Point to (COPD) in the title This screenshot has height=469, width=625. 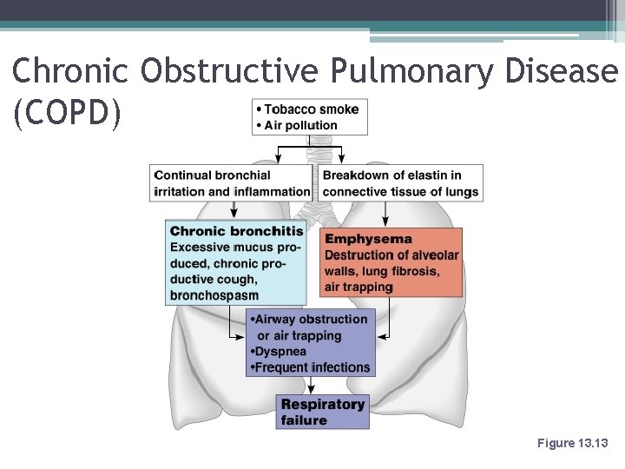(68, 114)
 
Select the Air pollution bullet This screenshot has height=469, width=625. (300, 125)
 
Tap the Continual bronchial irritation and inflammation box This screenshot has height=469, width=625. (231, 183)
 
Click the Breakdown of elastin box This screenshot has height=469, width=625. (400, 183)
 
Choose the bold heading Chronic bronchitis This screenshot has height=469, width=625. (236, 231)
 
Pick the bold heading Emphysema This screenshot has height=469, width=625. (368, 239)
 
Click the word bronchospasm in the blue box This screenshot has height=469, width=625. (214, 295)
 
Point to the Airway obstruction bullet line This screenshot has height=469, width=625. (311, 320)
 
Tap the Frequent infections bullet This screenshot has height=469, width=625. (311, 367)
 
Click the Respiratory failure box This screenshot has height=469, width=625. (323, 412)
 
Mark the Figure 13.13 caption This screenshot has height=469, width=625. (573, 443)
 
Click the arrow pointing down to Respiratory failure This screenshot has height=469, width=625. (311, 386)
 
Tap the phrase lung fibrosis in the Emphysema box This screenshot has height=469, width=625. (407, 271)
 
